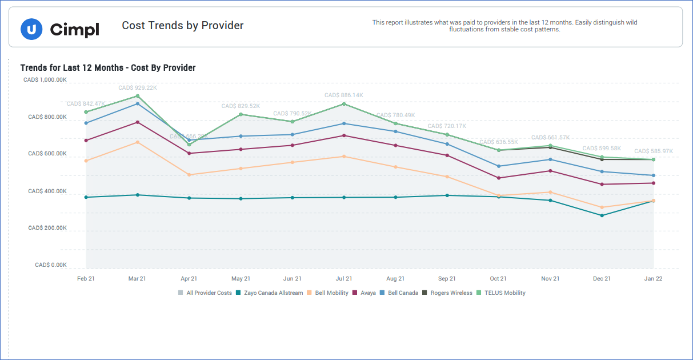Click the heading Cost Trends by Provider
point(183,26)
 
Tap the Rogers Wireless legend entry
point(451,293)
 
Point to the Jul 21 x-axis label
point(344,279)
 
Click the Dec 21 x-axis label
point(602,279)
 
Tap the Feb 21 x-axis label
point(86,279)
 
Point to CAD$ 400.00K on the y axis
point(47,191)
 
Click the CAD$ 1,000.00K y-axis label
point(45,80)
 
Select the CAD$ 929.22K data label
point(138,88)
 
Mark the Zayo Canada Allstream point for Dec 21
point(602,215)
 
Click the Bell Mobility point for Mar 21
point(138,142)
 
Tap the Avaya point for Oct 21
point(499,178)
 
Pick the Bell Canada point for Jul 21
point(344,123)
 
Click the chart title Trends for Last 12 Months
point(108,68)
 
